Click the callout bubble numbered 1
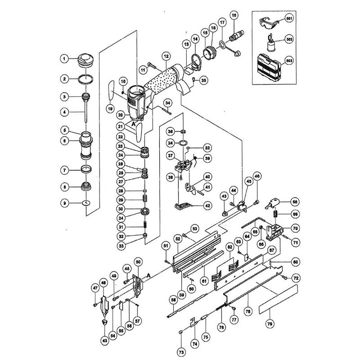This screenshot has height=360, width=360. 65,58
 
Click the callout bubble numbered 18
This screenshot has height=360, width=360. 234,15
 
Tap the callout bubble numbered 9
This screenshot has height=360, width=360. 65,203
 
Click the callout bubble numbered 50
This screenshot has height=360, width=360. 138,262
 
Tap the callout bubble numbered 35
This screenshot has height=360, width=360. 203,81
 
